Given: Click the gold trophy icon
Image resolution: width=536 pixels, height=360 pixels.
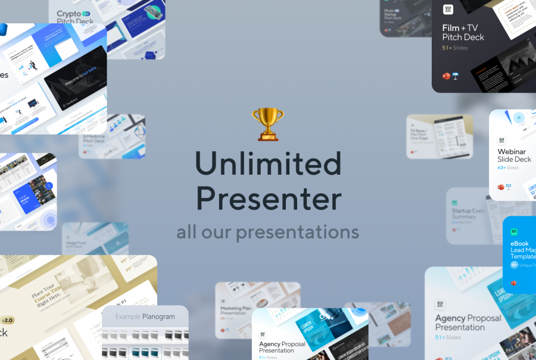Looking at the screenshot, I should pos(267,123).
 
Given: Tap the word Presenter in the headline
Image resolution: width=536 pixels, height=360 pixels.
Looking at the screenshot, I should pos(269,199).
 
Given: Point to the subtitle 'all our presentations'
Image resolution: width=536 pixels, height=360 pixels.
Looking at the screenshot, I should pos(267,231).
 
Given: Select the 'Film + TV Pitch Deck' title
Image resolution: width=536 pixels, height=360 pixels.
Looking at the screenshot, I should pos(463,32).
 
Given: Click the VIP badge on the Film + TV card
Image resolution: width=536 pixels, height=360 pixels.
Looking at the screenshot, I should pos(448,10).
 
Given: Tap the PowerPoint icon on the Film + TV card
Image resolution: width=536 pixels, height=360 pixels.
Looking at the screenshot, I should pos(445,76).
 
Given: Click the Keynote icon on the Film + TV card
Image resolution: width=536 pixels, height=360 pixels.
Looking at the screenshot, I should pos(455,76).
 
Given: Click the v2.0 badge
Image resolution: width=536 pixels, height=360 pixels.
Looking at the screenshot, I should pos(7,320).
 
